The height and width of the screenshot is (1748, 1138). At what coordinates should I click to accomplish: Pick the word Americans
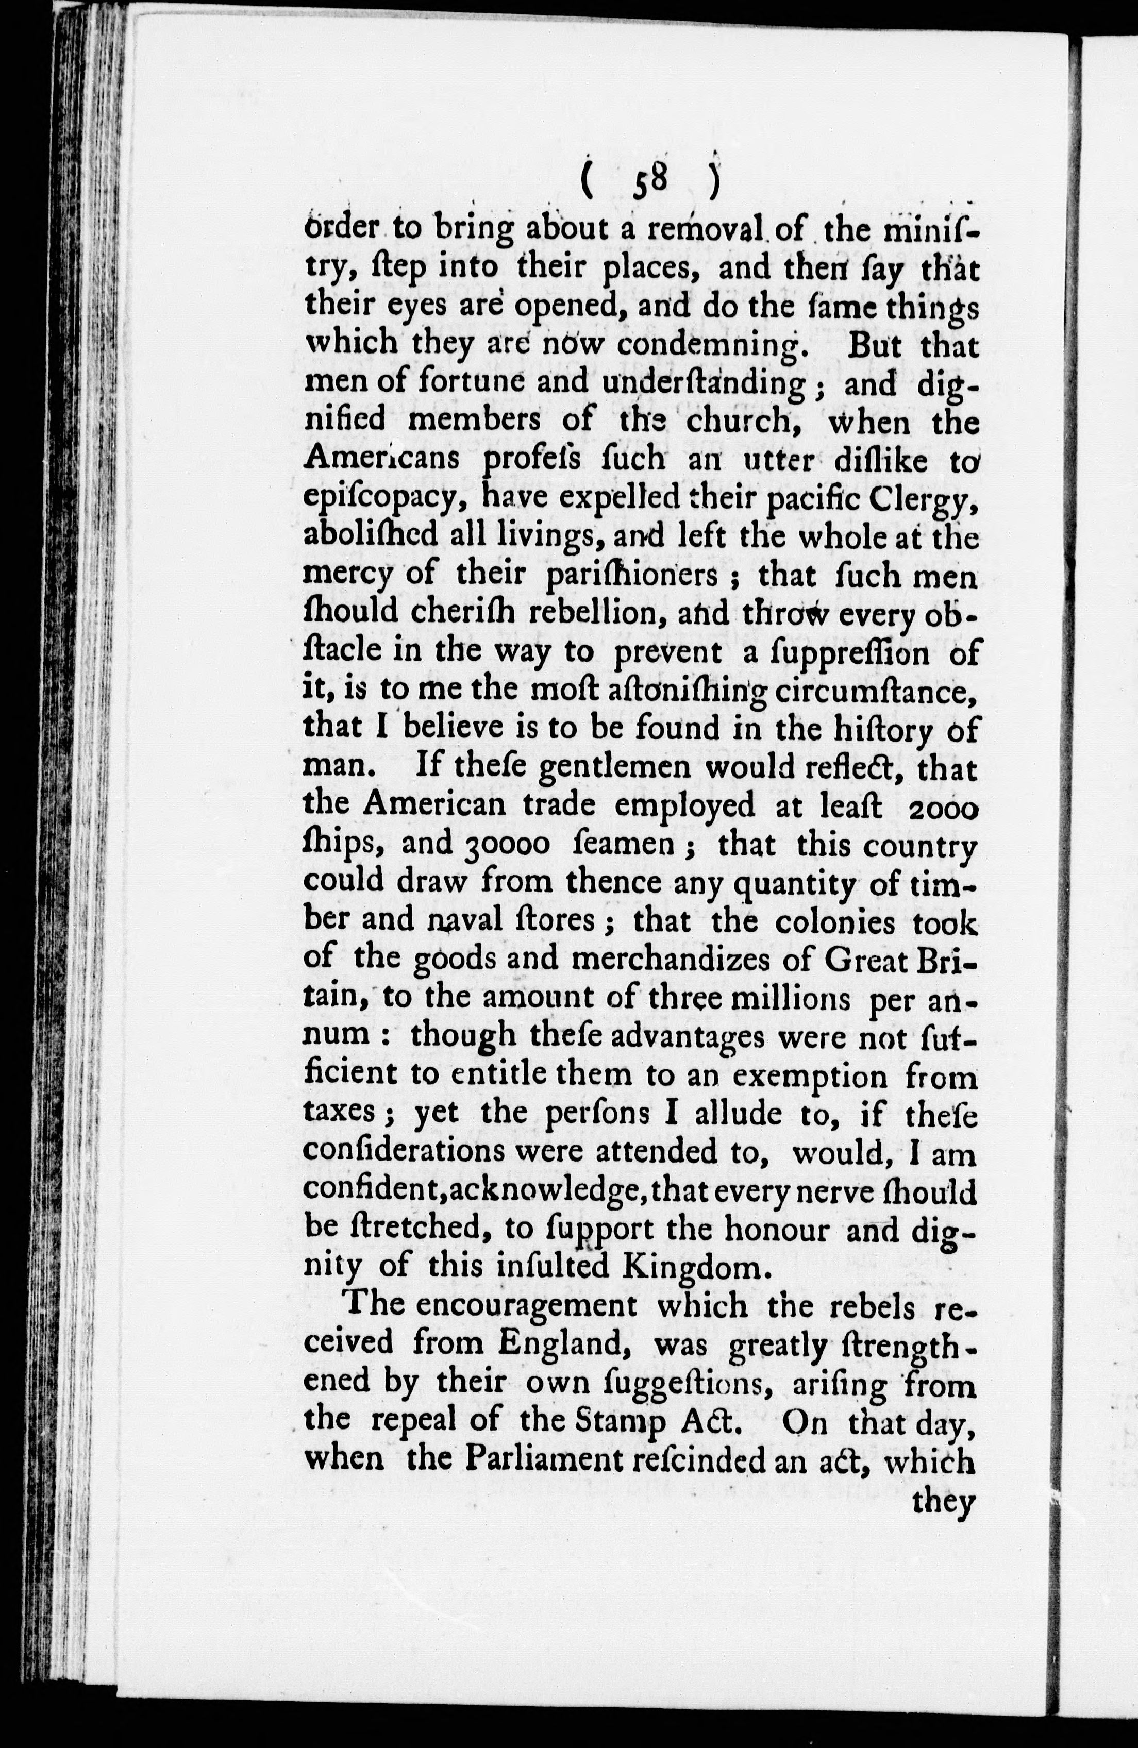click(381, 459)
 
